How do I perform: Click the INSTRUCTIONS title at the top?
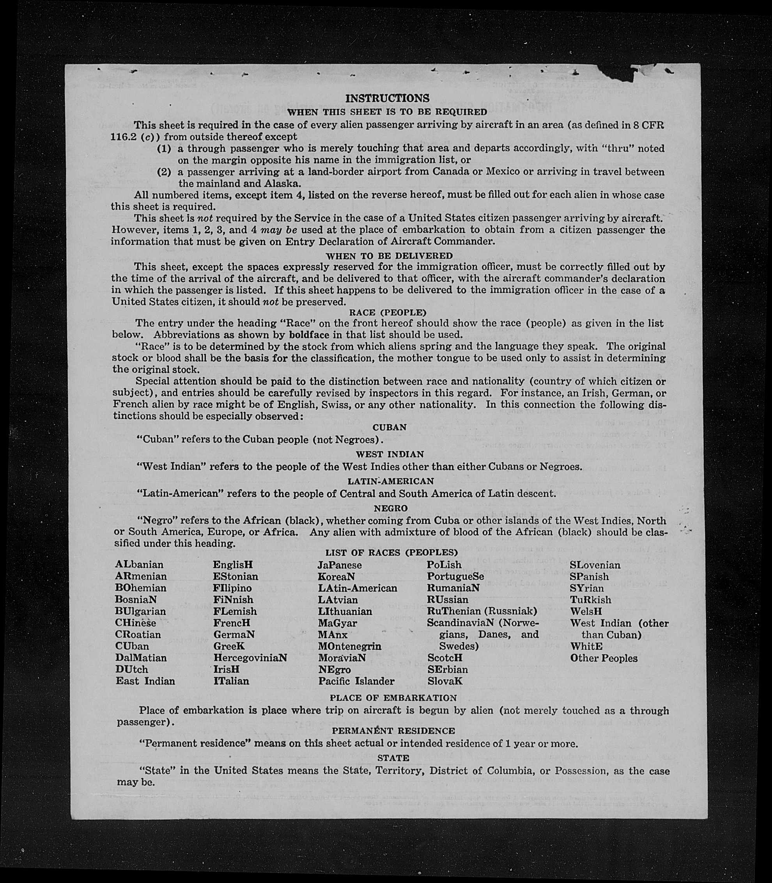(x=387, y=98)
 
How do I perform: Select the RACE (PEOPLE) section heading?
(x=387, y=312)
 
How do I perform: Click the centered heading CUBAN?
(x=390, y=427)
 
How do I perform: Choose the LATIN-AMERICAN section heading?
(x=391, y=481)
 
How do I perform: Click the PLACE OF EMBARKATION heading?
(x=393, y=698)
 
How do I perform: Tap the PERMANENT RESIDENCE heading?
(x=393, y=731)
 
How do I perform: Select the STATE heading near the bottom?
(x=393, y=757)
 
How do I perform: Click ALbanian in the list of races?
(x=139, y=564)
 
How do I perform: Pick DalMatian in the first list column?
(x=141, y=658)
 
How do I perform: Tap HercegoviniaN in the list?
(x=250, y=658)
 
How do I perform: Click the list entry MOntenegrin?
(x=350, y=646)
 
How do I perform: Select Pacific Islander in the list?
(x=356, y=681)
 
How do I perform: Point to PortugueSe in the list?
(x=456, y=576)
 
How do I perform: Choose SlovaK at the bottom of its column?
(x=445, y=681)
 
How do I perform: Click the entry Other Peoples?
(x=604, y=658)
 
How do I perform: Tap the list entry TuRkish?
(x=591, y=600)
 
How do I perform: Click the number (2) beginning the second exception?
(x=164, y=172)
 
